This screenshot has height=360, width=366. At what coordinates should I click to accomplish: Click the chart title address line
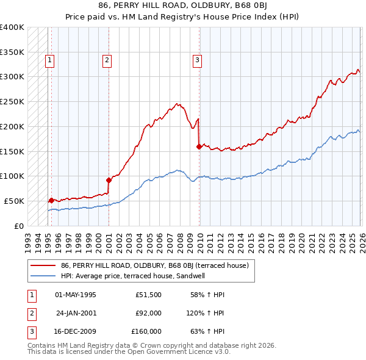(x=183, y=5)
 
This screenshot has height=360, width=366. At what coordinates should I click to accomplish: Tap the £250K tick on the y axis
(x=12, y=101)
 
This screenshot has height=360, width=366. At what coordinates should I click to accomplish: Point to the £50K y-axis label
(x=14, y=201)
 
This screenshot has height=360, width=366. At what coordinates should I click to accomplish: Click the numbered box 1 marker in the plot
(x=49, y=60)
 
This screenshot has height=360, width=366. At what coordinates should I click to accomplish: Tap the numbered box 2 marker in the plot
(x=107, y=60)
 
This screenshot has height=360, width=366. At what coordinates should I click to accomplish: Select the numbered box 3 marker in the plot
(x=198, y=60)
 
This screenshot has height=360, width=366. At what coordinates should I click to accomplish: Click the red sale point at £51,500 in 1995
(x=51, y=200)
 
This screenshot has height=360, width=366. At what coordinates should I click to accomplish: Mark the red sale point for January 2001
(x=109, y=179)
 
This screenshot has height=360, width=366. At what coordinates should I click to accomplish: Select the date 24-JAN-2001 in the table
(x=76, y=313)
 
